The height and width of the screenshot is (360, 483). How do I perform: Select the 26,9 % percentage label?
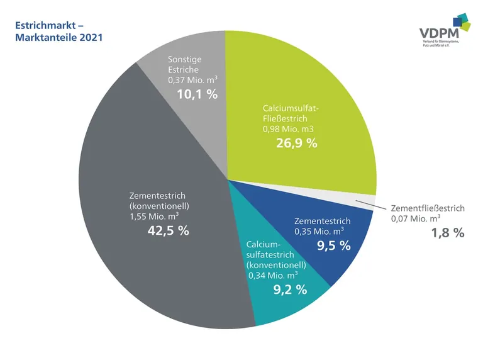click(x=296, y=143)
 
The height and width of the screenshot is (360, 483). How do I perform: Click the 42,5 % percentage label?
click(x=168, y=230)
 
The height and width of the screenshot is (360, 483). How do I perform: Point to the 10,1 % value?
click(x=196, y=95)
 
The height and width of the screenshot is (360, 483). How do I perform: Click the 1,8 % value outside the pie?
click(x=447, y=233)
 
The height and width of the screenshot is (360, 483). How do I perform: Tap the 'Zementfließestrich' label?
click(x=428, y=208)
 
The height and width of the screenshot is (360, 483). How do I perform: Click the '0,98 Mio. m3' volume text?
click(x=288, y=128)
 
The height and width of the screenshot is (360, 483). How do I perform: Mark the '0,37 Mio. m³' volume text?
click(x=192, y=81)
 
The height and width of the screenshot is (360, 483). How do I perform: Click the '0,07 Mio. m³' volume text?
click(x=416, y=219)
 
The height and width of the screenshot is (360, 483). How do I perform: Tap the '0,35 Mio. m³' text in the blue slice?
click(x=319, y=232)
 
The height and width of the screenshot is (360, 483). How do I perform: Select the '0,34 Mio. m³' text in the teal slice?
click(x=274, y=275)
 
